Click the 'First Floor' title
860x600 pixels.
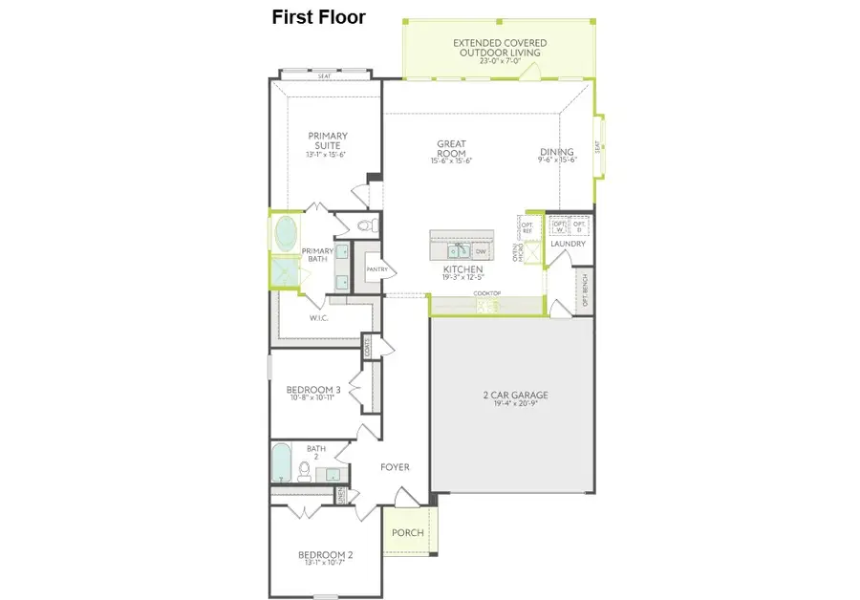(x=318, y=17)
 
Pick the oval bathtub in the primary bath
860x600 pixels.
(x=286, y=233)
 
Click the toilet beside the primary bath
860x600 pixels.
(x=366, y=226)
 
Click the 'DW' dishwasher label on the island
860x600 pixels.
(x=481, y=251)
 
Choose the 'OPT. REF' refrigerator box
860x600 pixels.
(x=527, y=225)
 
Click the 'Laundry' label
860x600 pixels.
(x=568, y=244)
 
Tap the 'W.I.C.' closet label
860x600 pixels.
(x=318, y=317)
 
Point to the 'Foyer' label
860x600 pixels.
(x=395, y=467)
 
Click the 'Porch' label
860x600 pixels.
(x=407, y=532)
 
